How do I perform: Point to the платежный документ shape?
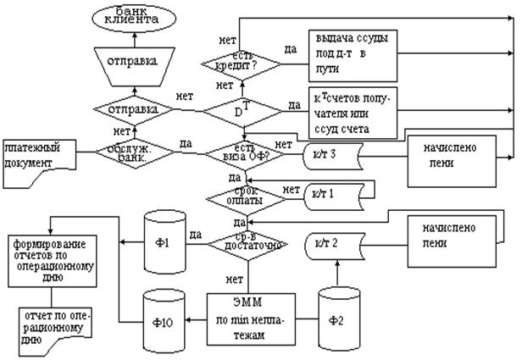(x=39, y=155)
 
